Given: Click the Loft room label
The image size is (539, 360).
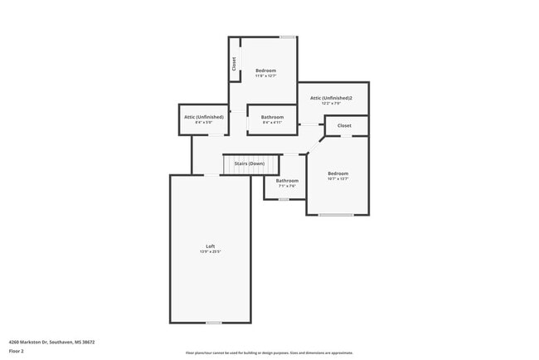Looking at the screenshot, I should [x=211, y=246].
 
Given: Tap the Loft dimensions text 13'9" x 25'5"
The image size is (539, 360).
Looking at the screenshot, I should [x=211, y=251].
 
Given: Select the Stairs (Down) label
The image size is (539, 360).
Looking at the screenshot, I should [x=249, y=163].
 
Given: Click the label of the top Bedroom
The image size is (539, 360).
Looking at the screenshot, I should [x=265, y=71].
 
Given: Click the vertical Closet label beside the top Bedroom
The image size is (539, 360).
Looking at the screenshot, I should [x=234, y=63].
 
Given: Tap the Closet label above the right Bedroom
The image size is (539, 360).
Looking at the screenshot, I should [x=344, y=125].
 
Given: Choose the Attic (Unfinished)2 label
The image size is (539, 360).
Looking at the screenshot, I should [x=331, y=98].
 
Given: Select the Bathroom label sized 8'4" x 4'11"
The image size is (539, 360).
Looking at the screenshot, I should [x=272, y=117].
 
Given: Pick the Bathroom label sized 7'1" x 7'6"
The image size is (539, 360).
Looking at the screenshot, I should [x=287, y=181].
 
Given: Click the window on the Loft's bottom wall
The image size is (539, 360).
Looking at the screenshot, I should [x=214, y=323].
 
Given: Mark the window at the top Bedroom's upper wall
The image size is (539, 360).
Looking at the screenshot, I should [x=287, y=36].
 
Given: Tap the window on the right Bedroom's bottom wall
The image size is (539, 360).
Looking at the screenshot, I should [x=336, y=216].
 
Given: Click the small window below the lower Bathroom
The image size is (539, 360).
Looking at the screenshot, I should [x=284, y=199].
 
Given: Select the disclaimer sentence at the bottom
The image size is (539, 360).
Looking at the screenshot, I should [x=269, y=353].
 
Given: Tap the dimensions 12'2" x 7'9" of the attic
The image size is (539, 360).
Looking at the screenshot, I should [x=331, y=104].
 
